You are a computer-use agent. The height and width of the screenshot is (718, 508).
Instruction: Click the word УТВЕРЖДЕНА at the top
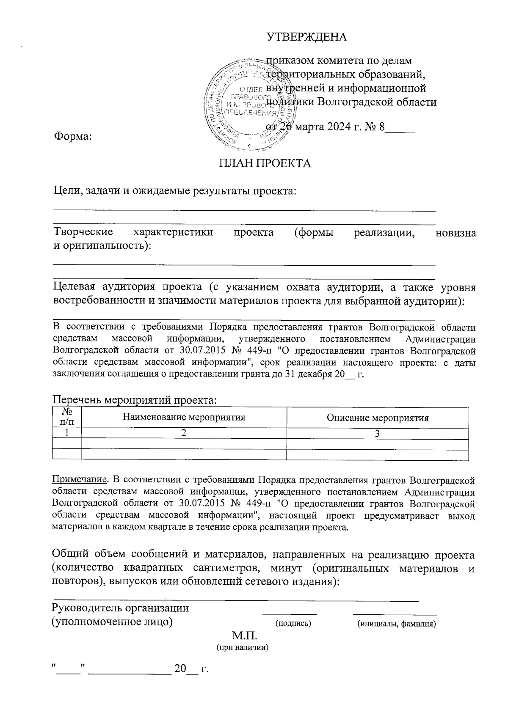(306, 37)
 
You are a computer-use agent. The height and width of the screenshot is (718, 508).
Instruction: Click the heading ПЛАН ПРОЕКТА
(265, 163)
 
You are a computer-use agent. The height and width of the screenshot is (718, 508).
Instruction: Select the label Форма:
(72, 136)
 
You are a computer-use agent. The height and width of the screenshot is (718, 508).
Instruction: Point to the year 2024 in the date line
(341, 127)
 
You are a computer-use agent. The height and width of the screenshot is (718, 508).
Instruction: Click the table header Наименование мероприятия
(184, 418)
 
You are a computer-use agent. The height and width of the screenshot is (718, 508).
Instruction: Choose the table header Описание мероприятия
(378, 418)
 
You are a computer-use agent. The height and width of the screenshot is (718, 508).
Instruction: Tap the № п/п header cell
(66, 417)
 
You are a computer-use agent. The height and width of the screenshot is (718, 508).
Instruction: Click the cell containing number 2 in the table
(184, 434)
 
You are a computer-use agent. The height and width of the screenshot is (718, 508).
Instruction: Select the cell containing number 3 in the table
(378, 434)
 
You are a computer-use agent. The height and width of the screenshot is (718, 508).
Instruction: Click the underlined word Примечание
(79, 480)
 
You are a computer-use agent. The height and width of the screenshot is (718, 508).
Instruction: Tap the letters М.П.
(244, 636)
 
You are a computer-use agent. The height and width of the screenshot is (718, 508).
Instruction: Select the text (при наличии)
(243, 647)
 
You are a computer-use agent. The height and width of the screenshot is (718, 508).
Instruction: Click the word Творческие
(83, 232)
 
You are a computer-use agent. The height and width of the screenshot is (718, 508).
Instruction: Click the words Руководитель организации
(120, 608)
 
